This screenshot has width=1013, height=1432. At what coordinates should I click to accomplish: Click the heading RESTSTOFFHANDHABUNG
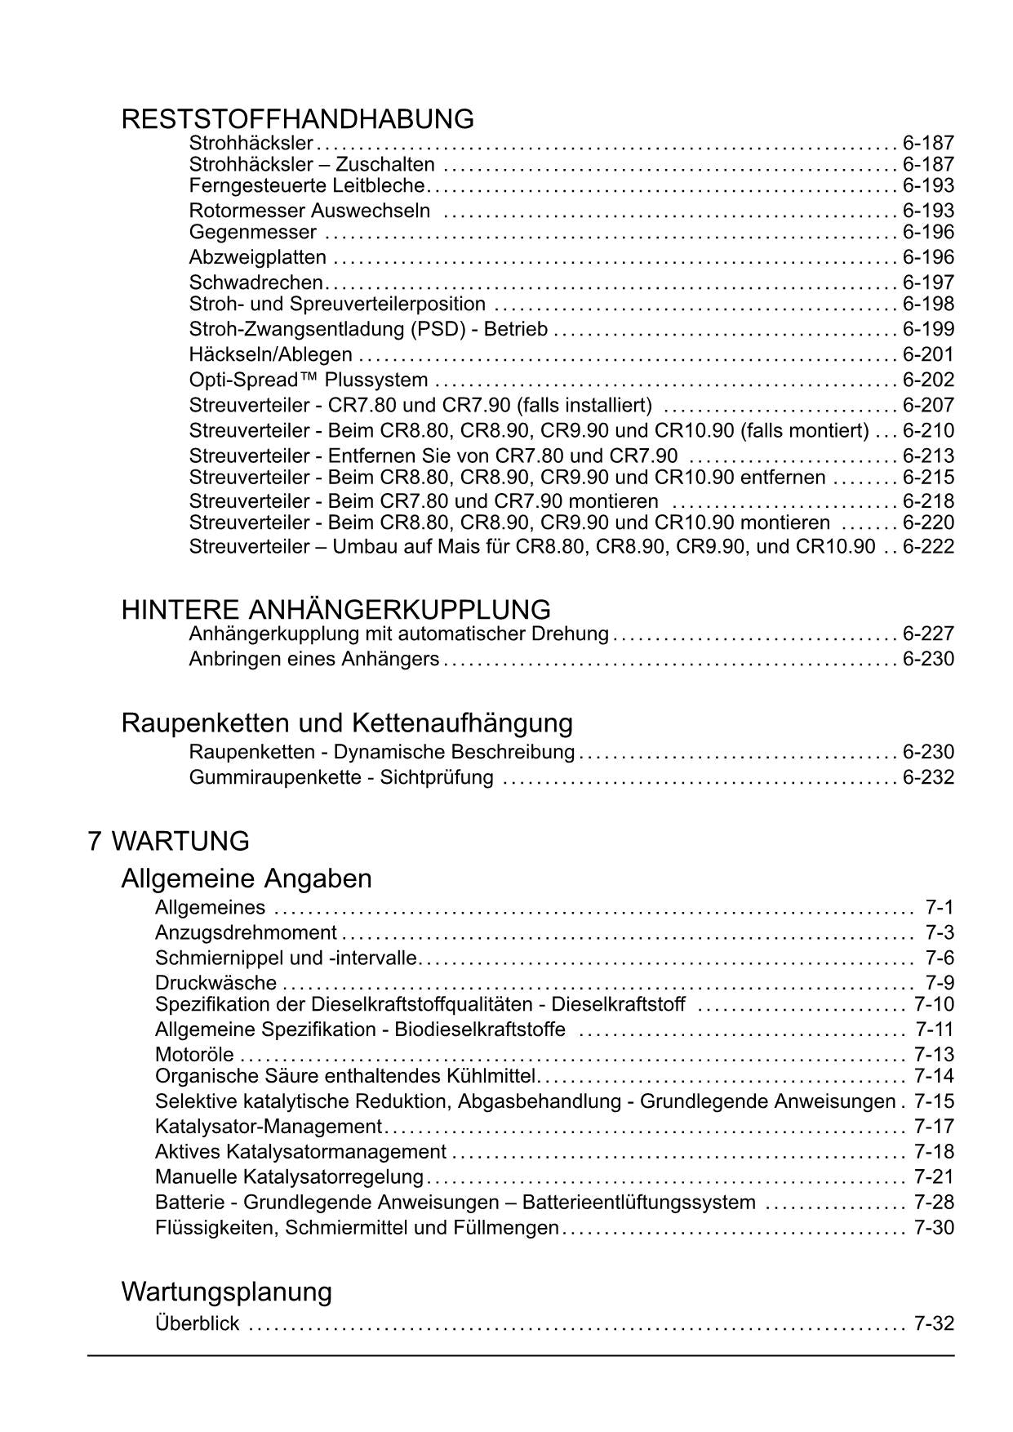point(297,120)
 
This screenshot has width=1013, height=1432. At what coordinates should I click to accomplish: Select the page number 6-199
point(928,330)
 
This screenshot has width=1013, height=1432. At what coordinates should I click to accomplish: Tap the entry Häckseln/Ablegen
point(271,355)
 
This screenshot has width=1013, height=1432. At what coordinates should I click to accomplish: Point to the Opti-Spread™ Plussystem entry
point(309,380)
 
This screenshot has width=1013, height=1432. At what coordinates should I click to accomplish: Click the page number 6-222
point(928,546)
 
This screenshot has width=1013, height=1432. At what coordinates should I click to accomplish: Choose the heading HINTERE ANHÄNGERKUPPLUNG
point(335,610)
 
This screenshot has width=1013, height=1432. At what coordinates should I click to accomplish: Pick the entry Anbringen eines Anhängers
point(314,659)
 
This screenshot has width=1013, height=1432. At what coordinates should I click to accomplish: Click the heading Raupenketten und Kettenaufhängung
point(347,723)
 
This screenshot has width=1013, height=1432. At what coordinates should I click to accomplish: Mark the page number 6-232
point(928,777)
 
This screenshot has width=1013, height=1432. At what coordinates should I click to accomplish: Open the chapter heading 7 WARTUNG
point(168,841)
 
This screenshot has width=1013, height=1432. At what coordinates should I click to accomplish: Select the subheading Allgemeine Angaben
point(247,879)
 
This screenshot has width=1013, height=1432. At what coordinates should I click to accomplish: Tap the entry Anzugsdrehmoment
point(246,933)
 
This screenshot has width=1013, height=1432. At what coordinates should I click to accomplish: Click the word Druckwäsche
point(215,983)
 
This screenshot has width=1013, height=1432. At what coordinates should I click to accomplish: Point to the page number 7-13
point(934,1055)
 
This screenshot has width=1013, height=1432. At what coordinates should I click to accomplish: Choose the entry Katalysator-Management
point(269,1127)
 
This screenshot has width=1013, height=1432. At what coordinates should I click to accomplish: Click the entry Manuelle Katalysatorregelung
point(289,1178)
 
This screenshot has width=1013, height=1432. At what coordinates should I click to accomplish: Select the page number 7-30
point(934,1228)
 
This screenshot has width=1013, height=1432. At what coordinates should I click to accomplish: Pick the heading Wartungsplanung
point(227,1292)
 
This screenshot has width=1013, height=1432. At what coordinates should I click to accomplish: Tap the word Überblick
point(197,1324)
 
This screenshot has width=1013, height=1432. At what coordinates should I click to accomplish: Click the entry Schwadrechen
point(256,283)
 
